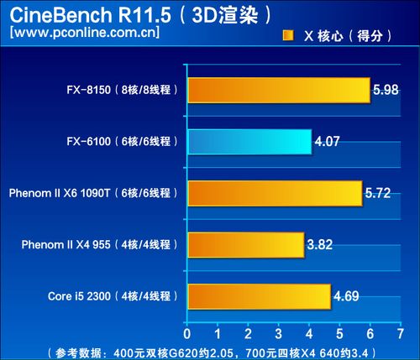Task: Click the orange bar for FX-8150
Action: tap(279, 91)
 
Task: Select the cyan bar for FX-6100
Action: tap(249, 142)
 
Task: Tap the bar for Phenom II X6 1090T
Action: tap(276, 194)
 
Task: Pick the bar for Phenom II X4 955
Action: tap(246, 245)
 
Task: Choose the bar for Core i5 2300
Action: tap(260, 297)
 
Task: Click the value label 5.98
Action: tap(386, 90)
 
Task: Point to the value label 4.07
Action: tap(327, 141)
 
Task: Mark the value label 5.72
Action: tap(378, 193)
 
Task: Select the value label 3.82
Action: tap(320, 244)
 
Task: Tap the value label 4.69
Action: tap(346, 296)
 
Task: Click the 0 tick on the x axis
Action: tap(187, 334)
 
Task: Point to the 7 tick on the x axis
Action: tap(401, 334)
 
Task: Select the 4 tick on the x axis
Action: tap(309, 334)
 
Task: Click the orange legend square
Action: tap(288, 36)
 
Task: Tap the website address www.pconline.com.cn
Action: tap(85, 32)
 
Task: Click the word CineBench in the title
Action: tap(60, 15)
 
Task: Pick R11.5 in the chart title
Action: tap(144, 15)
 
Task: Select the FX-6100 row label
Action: tap(88, 142)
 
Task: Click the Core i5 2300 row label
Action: tap(79, 296)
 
